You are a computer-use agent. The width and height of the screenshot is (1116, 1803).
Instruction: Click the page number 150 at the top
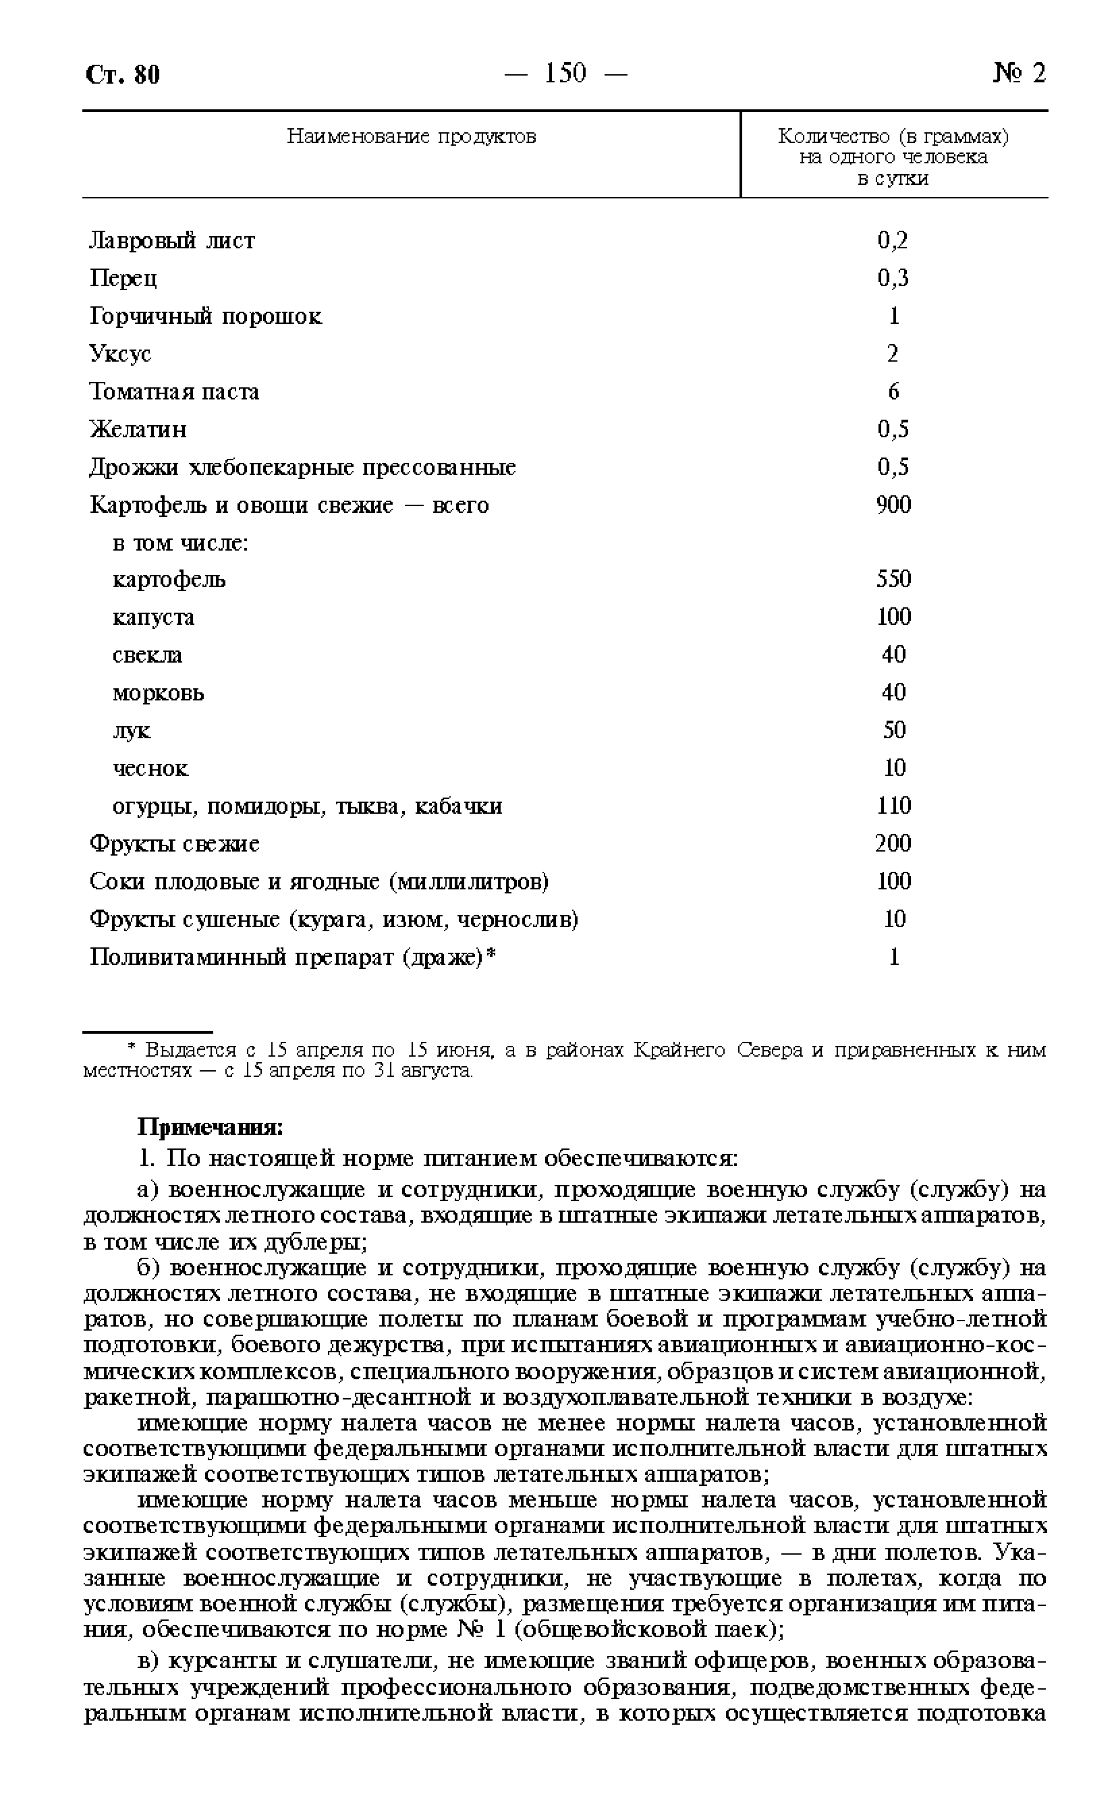click(565, 73)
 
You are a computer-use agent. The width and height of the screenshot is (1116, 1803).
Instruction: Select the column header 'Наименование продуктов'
click(411, 136)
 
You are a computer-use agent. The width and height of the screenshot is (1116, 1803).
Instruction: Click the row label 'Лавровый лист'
click(172, 241)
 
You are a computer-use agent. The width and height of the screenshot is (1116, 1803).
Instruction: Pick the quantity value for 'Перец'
click(893, 278)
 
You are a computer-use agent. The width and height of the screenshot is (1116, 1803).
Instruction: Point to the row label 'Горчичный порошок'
click(206, 316)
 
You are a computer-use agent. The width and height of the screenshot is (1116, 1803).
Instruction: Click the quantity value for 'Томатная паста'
click(893, 391)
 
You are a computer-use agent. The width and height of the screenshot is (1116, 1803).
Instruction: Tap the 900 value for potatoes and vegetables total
click(893, 505)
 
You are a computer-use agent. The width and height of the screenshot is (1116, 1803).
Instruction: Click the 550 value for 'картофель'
click(893, 580)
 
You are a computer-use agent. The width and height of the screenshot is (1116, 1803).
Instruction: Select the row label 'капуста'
click(154, 617)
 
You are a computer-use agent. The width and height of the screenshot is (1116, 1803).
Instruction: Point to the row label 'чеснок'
click(150, 769)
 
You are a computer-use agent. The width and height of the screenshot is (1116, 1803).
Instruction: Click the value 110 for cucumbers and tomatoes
click(893, 806)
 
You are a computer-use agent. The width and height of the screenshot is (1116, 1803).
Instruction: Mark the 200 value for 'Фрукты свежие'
click(893, 843)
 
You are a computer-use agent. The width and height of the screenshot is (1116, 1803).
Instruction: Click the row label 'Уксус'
click(120, 354)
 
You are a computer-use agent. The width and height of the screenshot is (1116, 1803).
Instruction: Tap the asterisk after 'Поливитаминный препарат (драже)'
click(492, 954)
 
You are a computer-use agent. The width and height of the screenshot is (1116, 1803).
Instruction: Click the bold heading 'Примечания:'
click(211, 1128)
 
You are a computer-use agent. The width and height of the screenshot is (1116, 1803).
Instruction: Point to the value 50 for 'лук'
click(894, 731)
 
